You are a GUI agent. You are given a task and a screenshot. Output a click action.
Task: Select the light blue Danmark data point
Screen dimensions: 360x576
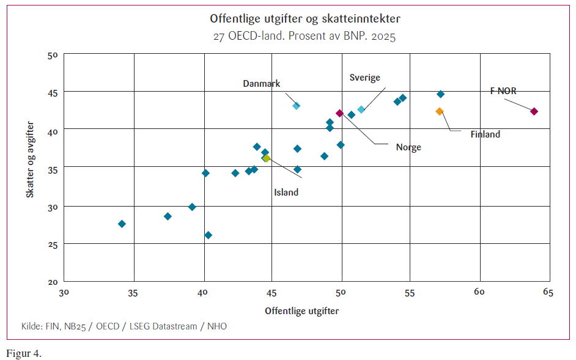pyautogui.click(x=297, y=106)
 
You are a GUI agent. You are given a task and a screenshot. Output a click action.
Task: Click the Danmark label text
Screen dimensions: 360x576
pyautogui.click(x=261, y=84)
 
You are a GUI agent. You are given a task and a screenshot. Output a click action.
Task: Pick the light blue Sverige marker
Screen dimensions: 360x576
pyautogui.click(x=361, y=109)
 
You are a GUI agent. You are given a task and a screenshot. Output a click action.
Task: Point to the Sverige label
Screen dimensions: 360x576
pyautogui.click(x=365, y=78)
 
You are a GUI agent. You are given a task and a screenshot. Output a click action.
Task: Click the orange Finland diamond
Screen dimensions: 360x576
pyautogui.click(x=439, y=111)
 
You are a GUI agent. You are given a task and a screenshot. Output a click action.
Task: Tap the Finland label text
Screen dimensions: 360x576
pyautogui.click(x=485, y=134)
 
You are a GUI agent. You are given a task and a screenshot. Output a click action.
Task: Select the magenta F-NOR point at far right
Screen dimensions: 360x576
pyautogui.click(x=534, y=111)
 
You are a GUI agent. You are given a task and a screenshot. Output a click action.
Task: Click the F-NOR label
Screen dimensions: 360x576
pyautogui.click(x=503, y=91)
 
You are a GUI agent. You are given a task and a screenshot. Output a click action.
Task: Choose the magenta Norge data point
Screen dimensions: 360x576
pyautogui.click(x=339, y=113)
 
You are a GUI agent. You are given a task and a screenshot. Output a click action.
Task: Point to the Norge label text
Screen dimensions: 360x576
pyautogui.click(x=408, y=147)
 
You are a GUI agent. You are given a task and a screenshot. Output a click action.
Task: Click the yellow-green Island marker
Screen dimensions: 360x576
pyautogui.click(x=267, y=158)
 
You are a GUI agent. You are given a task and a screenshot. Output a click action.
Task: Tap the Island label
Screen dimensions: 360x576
pyautogui.click(x=286, y=193)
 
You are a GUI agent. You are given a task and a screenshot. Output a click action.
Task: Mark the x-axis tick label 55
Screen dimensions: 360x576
pyautogui.click(x=410, y=293)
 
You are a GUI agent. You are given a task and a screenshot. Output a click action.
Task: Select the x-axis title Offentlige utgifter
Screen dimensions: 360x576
pyautogui.click(x=301, y=311)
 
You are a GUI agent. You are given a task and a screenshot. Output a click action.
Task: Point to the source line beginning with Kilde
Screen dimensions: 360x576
pyautogui.click(x=124, y=326)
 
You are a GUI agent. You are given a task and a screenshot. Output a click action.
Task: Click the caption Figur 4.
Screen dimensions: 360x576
pyautogui.click(x=24, y=354)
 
